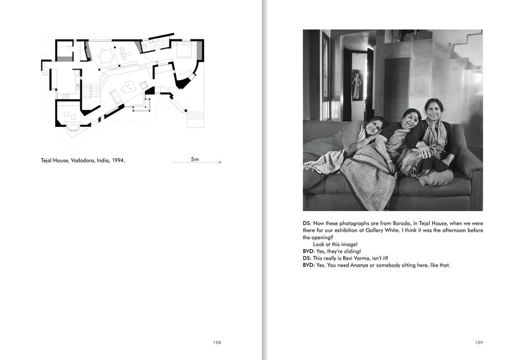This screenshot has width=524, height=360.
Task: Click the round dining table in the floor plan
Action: (107, 56)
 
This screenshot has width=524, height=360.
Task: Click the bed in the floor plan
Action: (183, 51)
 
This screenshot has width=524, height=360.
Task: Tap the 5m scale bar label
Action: (194, 160)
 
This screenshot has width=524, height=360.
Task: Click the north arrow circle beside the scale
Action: (219, 163)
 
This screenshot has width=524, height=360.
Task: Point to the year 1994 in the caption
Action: (119, 160)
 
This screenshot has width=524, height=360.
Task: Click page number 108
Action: (217, 343)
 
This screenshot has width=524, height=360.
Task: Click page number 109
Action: (478, 343)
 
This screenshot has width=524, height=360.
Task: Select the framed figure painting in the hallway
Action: (356, 85)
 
